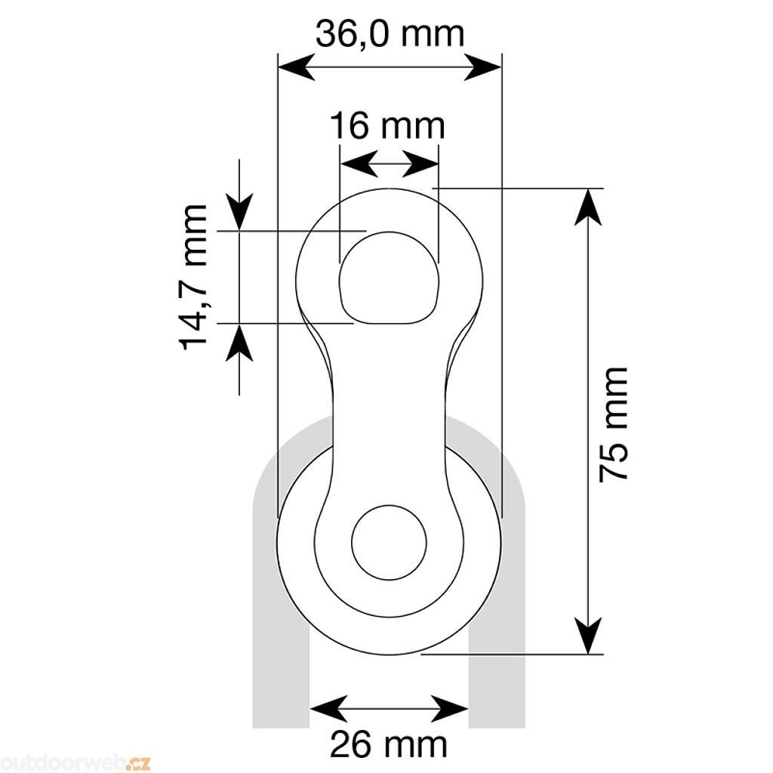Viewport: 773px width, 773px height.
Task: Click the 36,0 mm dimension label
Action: pos(390,34)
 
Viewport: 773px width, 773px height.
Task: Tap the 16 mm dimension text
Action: pos(387,126)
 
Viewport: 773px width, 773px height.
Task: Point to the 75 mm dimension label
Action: pos(613,424)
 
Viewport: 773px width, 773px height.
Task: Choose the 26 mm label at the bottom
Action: pos(389,744)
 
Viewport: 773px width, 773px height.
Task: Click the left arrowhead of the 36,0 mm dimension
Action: pos(297,66)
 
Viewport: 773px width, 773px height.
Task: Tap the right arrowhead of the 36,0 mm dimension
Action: pos(482,66)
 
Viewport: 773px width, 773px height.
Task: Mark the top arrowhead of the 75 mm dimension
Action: pos(589,207)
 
